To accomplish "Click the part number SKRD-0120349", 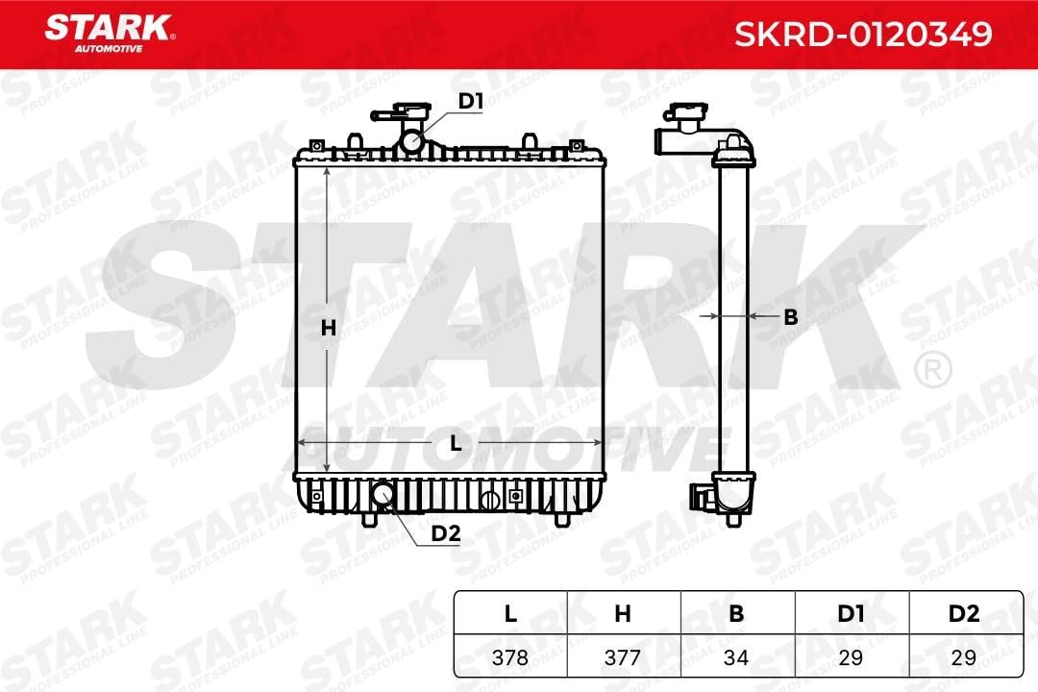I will [862, 35].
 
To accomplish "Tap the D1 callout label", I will [469, 101].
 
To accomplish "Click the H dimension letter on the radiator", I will [328, 327].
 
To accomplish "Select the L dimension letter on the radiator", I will [457, 443].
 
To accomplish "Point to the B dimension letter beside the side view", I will [790, 316].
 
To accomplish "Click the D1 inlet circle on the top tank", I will [412, 142].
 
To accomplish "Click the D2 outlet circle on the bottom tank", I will [383, 494].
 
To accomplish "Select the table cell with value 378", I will [510, 658].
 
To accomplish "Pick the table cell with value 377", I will [623, 658].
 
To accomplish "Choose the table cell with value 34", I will [736, 658].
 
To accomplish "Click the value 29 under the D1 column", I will [850, 658].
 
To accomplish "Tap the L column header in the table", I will [510, 614].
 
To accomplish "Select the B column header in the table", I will [736, 614].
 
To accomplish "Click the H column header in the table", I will [623, 614].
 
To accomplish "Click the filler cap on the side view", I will [688, 121].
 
